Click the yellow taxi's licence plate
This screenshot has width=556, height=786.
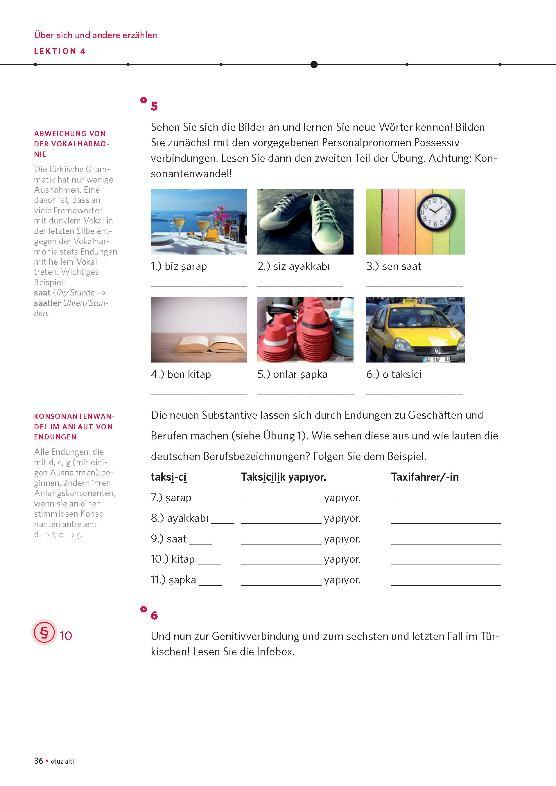[x=436, y=359]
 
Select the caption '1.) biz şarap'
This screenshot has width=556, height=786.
[x=179, y=266]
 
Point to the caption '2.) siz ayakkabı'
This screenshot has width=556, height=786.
[x=294, y=266]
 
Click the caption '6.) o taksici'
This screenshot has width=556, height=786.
[x=394, y=374]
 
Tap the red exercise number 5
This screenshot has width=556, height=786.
[x=154, y=106]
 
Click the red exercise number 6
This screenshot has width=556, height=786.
[x=154, y=616]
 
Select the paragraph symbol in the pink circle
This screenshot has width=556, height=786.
[x=44, y=632]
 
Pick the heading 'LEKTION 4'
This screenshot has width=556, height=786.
[x=60, y=51]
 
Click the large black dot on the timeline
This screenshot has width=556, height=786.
[x=314, y=64]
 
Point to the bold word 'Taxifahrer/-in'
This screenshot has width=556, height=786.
[x=425, y=477]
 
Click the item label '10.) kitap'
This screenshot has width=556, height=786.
[x=173, y=559]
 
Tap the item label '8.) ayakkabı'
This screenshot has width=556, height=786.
[x=180, y=518]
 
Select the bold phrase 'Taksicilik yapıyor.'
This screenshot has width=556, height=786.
[x=283, y=477]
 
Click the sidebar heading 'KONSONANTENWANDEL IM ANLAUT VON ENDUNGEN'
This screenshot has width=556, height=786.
[x=74, y=427]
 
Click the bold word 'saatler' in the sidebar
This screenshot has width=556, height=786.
[x=47, y=303]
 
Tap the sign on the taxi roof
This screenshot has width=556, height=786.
[x=410, y=301]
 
